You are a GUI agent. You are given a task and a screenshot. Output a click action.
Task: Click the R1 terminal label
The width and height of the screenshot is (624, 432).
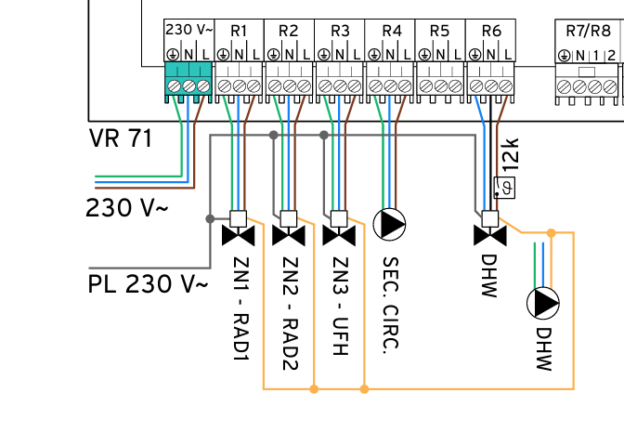(x=239, y=31)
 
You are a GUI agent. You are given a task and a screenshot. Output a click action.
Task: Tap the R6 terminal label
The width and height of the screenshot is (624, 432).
(x=491, y=31)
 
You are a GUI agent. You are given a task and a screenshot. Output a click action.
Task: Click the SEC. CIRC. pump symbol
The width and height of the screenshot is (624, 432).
(x=390, y=224)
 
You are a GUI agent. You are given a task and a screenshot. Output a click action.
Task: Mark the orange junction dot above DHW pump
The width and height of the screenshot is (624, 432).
(x=551, y=232)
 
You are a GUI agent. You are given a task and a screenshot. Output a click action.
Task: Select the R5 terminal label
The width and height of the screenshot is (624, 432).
(x=440, y=31)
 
